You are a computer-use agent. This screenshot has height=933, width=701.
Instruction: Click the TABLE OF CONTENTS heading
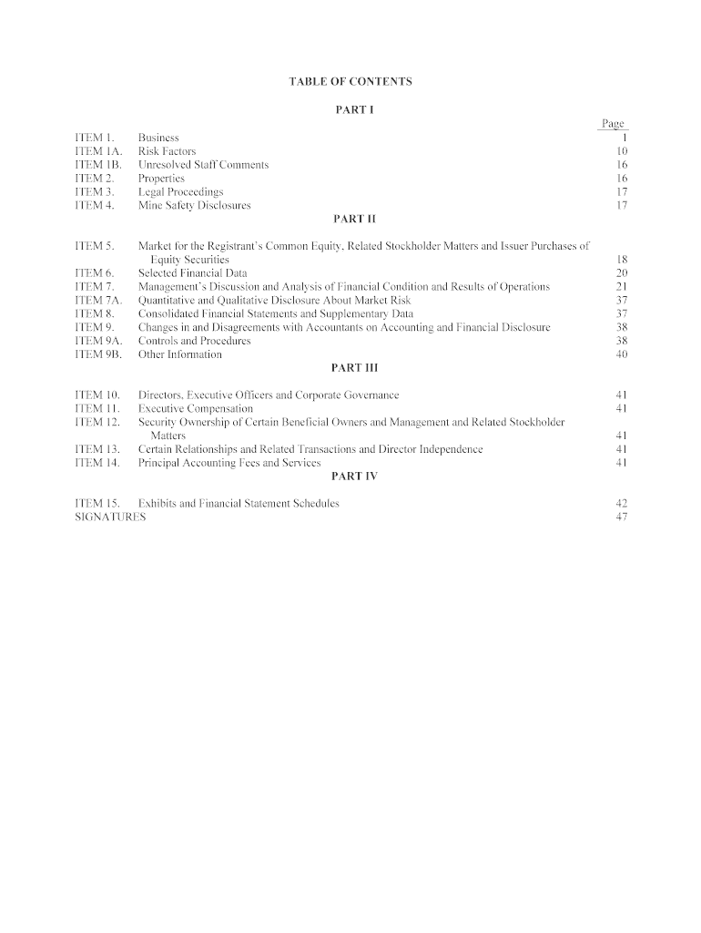pyautogui.click(x=350, y=82)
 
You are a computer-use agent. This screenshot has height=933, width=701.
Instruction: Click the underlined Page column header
pyautogui.click(x=612, y=124)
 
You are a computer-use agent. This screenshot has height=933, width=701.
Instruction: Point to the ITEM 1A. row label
pyautogui.click(x=97, y=151)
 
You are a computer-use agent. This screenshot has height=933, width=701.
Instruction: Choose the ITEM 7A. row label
pyautogui.click(x=97, y=301)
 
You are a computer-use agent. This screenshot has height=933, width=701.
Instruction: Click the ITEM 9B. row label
pyautogui.click(x=97, y=354)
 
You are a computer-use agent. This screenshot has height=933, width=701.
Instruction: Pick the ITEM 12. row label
pyautogui.click(x=97, y=423)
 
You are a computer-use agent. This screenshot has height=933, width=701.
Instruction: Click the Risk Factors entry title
pyautogui.click(x=167, y=151)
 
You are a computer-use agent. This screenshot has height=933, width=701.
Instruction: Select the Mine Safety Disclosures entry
pyautogui.click(x=194, y=206)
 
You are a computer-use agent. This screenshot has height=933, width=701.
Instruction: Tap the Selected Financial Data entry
pyautogui.click(x=192, y=273)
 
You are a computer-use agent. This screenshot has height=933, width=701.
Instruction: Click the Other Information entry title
pyautogui.click(x=179, y=354)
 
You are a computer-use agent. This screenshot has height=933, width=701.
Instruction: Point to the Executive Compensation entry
pyautogui.click(x=195, y=409)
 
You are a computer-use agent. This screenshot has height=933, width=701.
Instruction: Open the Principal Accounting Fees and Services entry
pyautogui.click(x=229, y=463)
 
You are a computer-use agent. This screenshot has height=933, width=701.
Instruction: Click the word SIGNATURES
pyautogui.click(x=109, y=518)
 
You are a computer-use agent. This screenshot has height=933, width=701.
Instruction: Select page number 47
pyautogui.click(x=622, y=518)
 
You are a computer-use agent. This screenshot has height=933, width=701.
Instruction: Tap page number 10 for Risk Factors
pyautogui.click(x=622, y=151)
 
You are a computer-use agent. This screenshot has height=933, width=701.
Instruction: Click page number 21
pyautogui.click(x=622, y=287)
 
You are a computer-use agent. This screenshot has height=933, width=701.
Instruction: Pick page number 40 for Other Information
pyautogui.click(x=622, y=354)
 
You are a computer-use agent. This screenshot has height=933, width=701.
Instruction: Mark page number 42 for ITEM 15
pyautogui.click(x=622, y=504)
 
